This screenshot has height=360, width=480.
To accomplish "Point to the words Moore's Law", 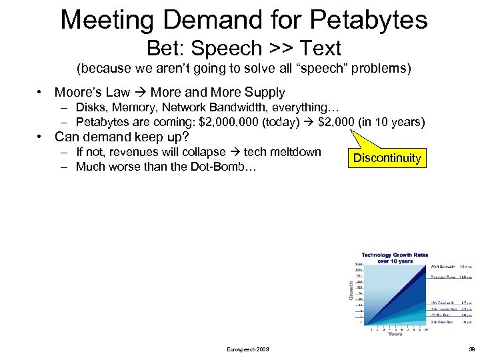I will coord(92,93).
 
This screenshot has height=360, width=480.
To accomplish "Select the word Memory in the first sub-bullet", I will coord(133,108).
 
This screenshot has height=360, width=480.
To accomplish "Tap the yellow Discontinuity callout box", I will coord(387,158).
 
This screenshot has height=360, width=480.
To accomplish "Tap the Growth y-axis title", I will coord(351,290).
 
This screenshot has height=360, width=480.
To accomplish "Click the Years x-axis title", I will coord(395,333).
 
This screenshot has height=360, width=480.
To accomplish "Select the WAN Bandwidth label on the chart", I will coord(443,266).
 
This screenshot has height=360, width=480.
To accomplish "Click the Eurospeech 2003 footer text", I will coord(248,349).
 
